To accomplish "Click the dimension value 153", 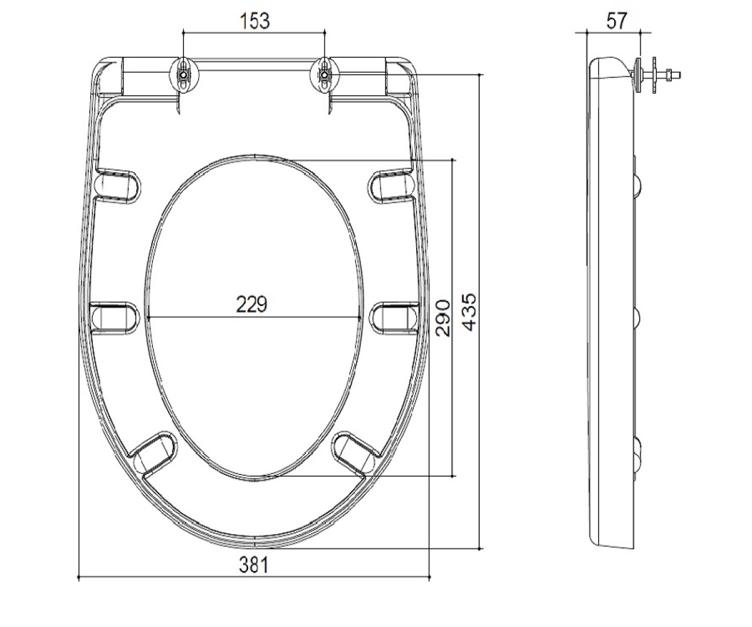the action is (254, 21).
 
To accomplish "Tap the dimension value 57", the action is (617, 21).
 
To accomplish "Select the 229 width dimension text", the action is (252, 304).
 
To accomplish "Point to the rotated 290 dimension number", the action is (442, 318).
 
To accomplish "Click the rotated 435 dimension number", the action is (469, 312).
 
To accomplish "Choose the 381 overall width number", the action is (254, 565).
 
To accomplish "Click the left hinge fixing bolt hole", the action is (184, 75).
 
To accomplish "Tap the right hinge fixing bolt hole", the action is (325, 75).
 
